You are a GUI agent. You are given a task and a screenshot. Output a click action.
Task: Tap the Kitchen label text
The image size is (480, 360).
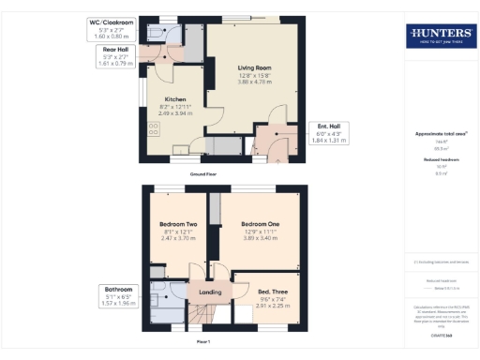click(x=175, y=98)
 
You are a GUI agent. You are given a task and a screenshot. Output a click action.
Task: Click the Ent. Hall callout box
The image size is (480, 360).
click(x=330, y=133)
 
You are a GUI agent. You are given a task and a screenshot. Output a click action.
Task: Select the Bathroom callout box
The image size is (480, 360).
click(x=119, y=296)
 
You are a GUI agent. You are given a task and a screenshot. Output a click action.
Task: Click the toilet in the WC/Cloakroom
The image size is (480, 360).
click(x=177, y=29)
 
